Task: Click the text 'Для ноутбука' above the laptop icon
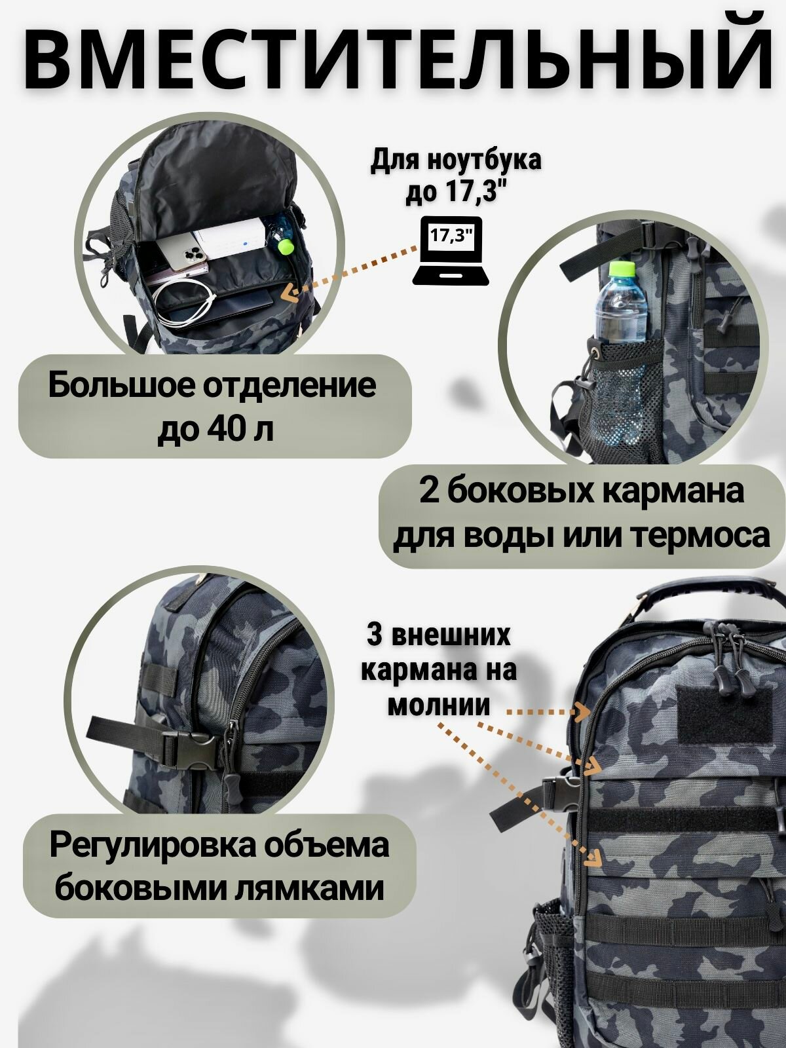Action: click(456, 161)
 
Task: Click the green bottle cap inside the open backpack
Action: click(285, 246)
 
